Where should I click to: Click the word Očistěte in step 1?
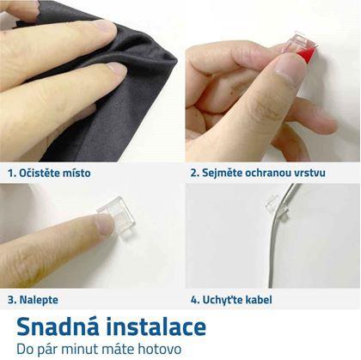click(37, 173)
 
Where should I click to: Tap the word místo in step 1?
click(75, 173)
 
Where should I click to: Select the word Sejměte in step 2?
click(221, 173)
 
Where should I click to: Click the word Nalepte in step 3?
click(39, 300)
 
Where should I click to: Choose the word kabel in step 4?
click(258, 300)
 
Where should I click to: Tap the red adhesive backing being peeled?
click(307, 55)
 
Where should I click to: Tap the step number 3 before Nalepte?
click(12, 300)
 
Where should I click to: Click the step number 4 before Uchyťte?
click(195, 300)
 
